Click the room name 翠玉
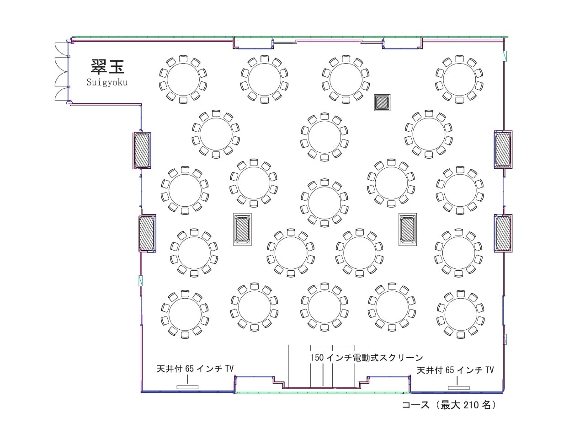pos(107,66)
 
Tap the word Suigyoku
pos(107,82)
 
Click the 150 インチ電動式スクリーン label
pos(367,357)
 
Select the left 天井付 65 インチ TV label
pos(195,369)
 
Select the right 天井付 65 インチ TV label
pos(455,370)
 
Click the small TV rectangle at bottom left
pos(187,387)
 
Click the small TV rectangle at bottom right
pos(459,388)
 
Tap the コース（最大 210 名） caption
pos(450,405)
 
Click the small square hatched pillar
pos(382,102)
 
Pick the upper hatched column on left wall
pos(142,150)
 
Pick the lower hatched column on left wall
pos(147,233)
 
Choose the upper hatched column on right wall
pos(503,149)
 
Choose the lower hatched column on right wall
pos(503,233)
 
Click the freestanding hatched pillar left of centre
pos(243,229)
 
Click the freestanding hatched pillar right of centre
pos(408,229)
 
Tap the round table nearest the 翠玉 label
pos(183,80)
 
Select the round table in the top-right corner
pos(459,79)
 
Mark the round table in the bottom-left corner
pos(185,314)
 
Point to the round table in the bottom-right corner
pos(461,314)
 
